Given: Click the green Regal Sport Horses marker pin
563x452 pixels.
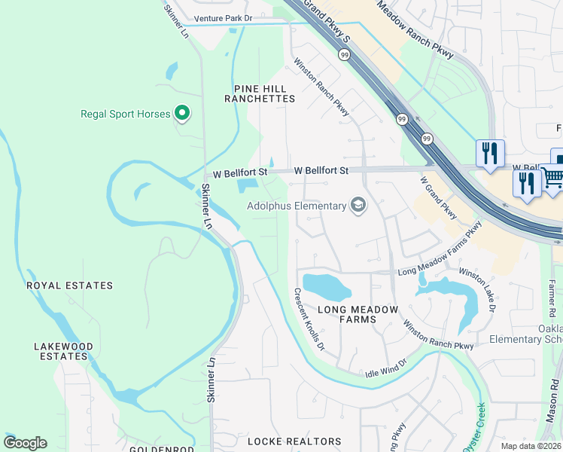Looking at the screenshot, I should click(181, 114).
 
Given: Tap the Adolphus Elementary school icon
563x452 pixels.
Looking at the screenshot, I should click(358, 206).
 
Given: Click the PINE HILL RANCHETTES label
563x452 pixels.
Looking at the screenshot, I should click(260, 93).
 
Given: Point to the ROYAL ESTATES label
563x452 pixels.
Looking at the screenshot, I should click(69, 286).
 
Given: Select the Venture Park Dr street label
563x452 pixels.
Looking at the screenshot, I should click(222, 17).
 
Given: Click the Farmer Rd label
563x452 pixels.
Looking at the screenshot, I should click(552, 298).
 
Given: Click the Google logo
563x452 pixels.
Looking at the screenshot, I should click(25, 443).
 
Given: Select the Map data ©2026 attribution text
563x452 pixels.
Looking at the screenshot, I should click(531, 446).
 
